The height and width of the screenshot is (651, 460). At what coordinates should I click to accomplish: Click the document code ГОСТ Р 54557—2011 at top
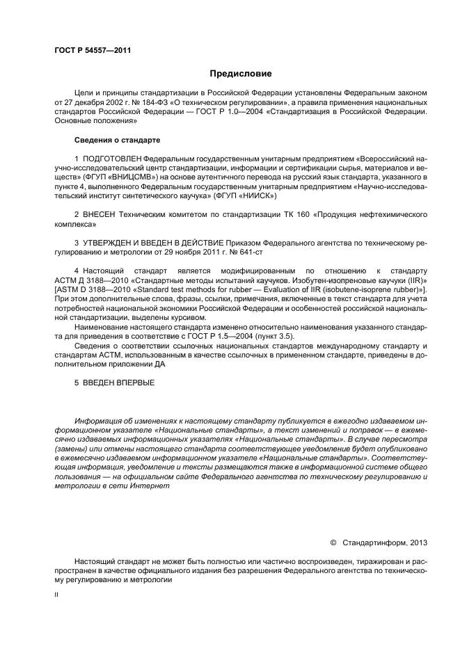93,51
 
